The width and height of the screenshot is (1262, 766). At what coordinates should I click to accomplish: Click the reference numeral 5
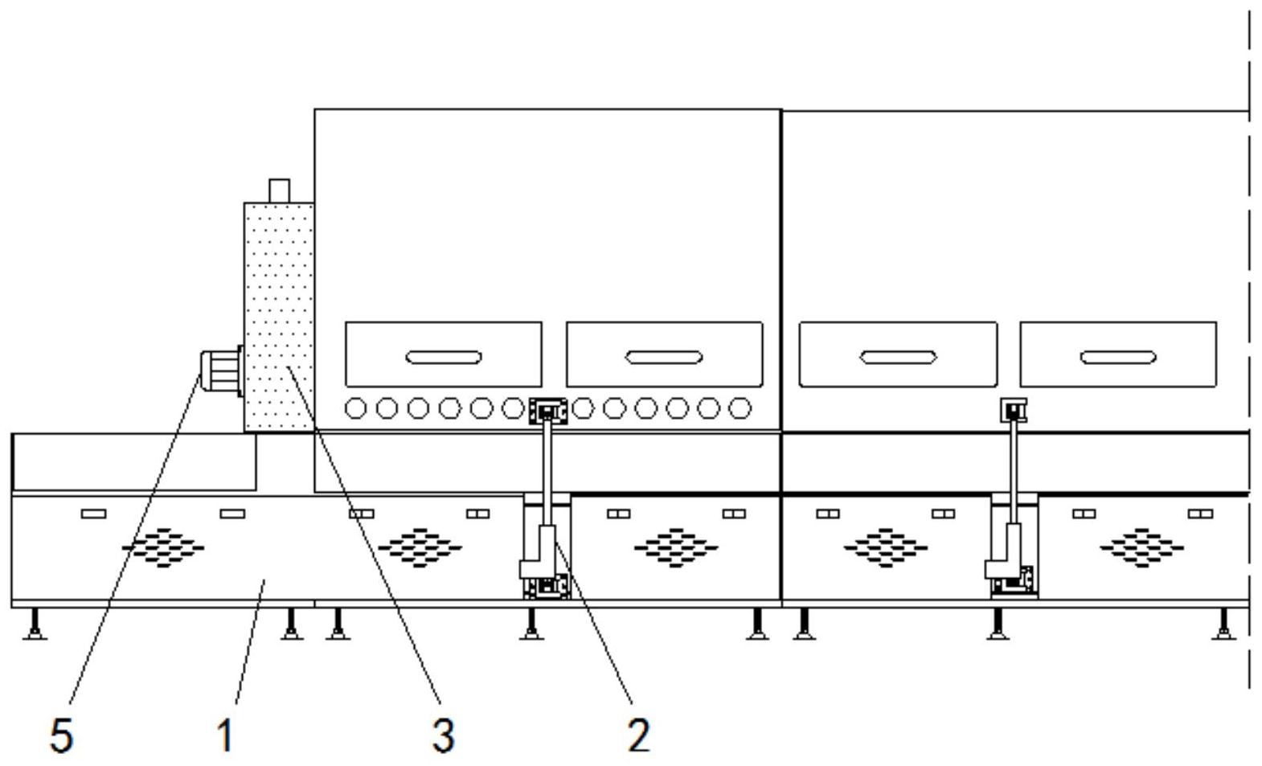pos(62,735)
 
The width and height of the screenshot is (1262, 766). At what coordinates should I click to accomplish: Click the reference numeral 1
pos(225,735)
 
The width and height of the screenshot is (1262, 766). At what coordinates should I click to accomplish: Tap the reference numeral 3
pos(444,735)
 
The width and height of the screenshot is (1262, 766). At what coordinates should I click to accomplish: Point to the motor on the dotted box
pos(221,371)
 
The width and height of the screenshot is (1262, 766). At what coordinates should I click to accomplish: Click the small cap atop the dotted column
pos(280,191)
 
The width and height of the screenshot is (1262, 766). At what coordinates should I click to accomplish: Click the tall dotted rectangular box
pos(280,317)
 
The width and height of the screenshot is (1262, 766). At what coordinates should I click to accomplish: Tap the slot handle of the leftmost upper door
pos(444,357)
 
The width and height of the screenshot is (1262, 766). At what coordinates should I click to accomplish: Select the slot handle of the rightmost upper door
pos(1118,357)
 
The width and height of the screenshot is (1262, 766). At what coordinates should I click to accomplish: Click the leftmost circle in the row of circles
pos(355,408)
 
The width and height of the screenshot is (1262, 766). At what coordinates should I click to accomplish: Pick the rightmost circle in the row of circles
pos(740,408)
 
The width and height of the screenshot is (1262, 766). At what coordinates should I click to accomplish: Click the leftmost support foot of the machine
pos(35,624)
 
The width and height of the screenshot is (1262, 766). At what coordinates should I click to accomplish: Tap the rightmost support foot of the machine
pos(1223,624)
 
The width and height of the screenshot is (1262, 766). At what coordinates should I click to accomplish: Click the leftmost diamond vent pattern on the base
pos(163,547)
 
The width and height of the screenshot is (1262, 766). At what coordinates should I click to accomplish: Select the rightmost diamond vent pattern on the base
pos(1142,547)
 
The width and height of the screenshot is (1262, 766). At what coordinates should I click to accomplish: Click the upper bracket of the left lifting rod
pos(547,412)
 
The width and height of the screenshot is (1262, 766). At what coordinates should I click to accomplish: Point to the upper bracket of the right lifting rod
pos(1014,410)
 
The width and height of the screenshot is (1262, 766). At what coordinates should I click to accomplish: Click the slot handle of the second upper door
pos(664,357)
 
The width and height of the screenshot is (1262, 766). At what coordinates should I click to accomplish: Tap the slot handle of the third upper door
pos(898,357)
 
